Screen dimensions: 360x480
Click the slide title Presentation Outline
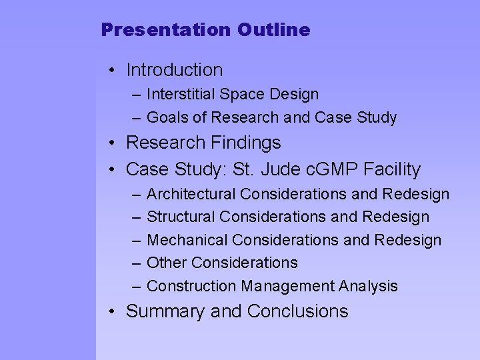[x=205, y=31]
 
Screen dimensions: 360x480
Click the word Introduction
[x=174, y=69]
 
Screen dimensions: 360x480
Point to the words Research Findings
[x=203, y=143]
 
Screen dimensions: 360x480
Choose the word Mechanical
[x=184, y=240]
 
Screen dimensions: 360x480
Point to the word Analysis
[x=368, y=287]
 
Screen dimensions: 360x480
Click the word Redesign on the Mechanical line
[x=407, y=240]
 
